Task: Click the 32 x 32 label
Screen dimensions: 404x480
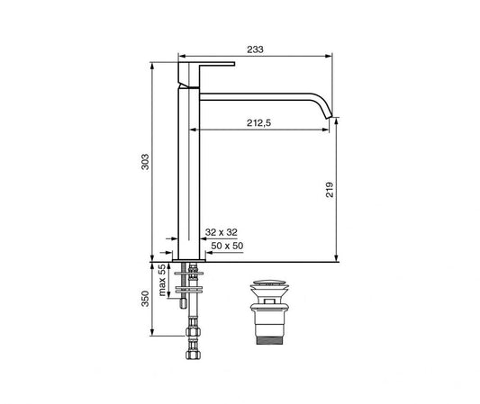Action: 221,232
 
